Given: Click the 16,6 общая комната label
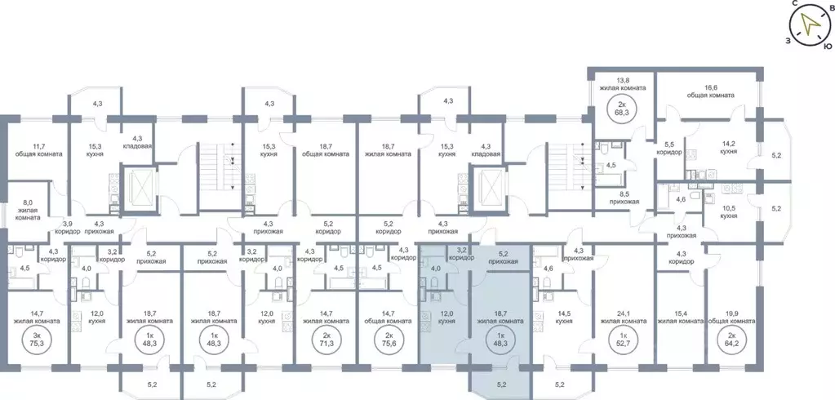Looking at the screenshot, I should (710, 91).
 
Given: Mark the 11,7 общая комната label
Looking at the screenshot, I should (38, 149).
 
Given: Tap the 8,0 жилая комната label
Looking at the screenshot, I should (27, 210).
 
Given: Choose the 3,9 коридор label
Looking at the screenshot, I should (68, 226).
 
